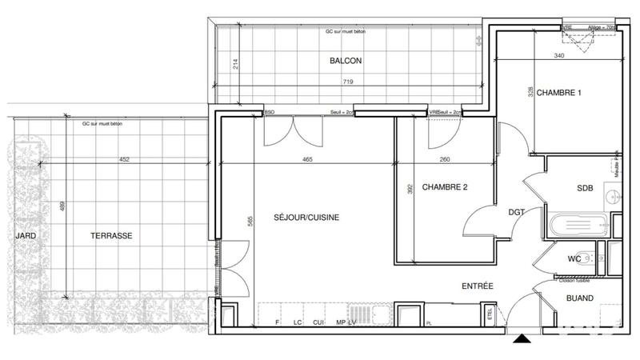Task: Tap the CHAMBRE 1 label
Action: (558, 93)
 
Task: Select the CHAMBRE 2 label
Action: (444, 188)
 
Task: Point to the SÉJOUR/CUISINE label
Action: (306, 217)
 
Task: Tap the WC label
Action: (574, 258)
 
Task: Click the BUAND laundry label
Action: (579, 298)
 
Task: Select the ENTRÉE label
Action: (477, 286)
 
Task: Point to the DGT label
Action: (518, 212)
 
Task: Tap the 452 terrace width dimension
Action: (124, 160)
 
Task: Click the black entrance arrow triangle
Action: (522, 339)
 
